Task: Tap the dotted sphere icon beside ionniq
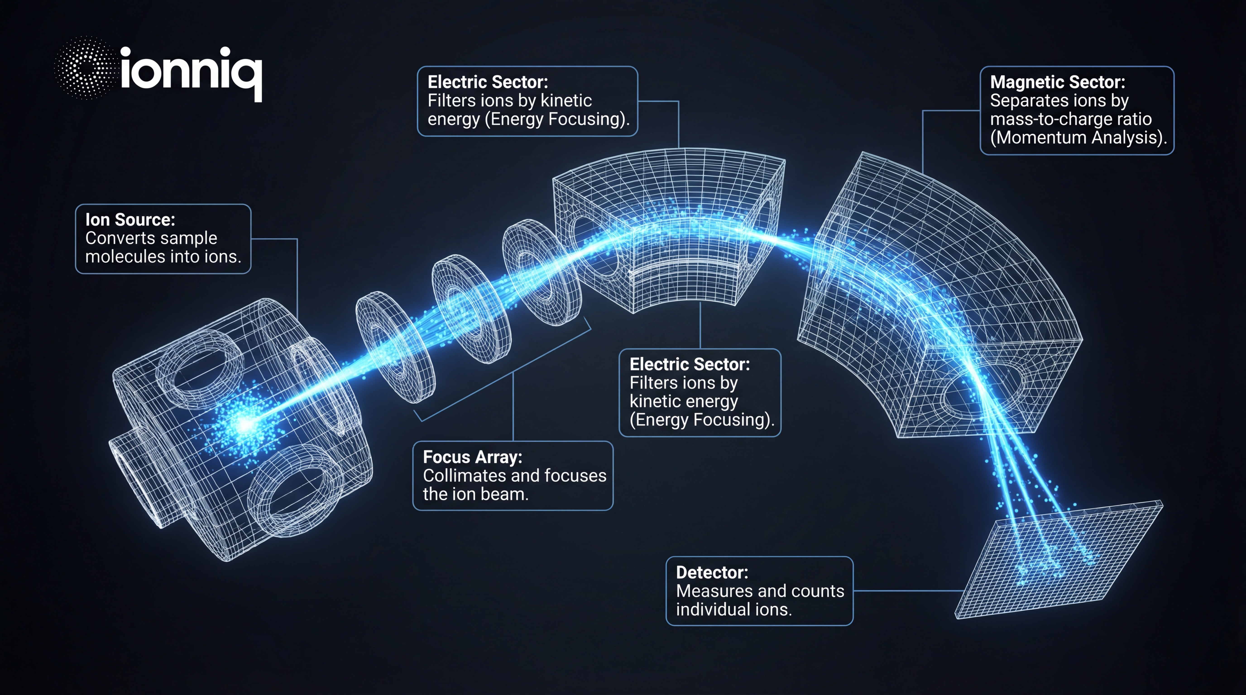[x=85, y=68]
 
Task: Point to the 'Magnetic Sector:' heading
[x=1057, y=82]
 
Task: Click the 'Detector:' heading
[x=712, y=573]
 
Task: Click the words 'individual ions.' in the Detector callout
[x=733, y=609]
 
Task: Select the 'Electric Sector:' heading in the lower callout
[x=689, y=364]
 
